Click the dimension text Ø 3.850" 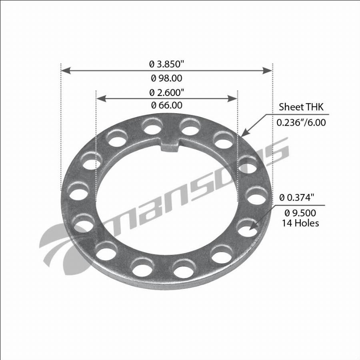(166, 64)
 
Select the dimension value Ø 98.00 (166, 78)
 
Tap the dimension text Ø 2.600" (166, 92)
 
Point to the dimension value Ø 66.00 (167, 105)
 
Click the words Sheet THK (301, 107)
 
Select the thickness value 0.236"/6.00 (301, 122)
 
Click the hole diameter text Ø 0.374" (297, 198)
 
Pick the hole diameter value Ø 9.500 (300, 213)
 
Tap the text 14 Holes (300, 223)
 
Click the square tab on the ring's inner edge (170, 145)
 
